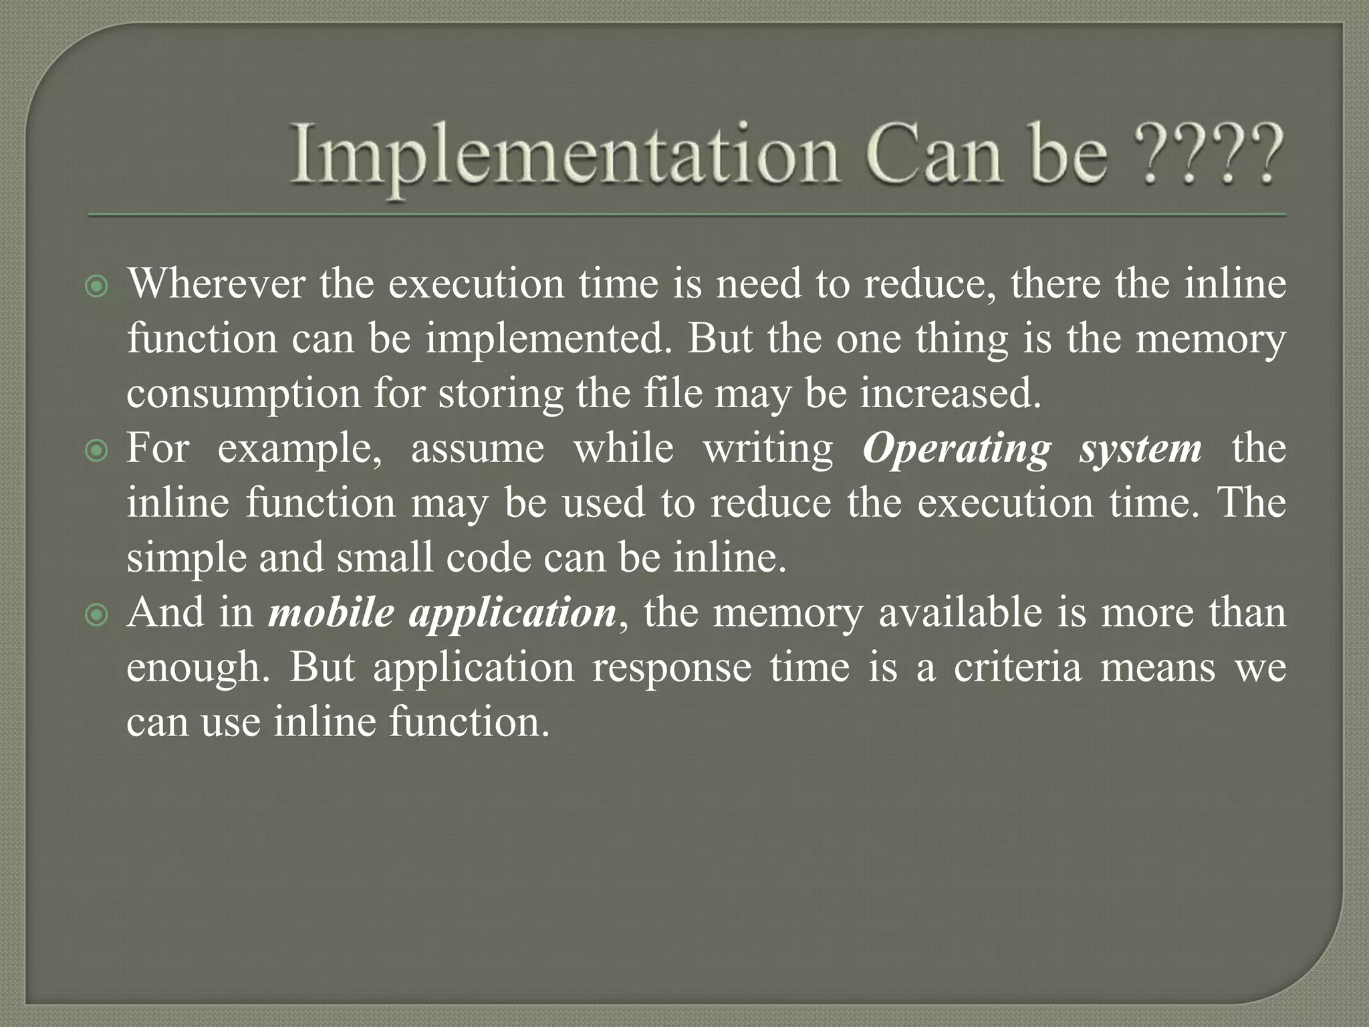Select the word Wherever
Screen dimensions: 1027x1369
pyautogui.click(x=216, y=283)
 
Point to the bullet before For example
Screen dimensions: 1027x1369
pyautogui.click(x=98, y=452)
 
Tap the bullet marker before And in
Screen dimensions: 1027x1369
pyautogui.click(x=98, y=616)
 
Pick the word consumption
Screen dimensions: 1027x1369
pyautogui.click(x=243, y=394)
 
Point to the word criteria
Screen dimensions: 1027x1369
pyautogui.click(x=1017, y=667)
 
